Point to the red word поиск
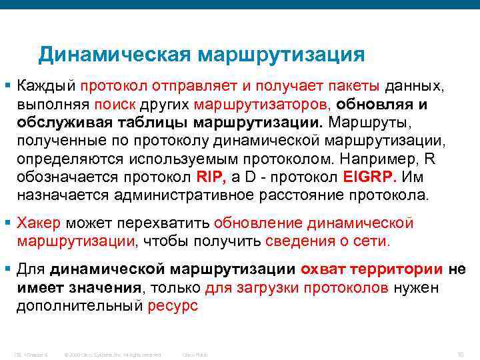tap(115, 104)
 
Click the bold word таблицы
tap(153, 123)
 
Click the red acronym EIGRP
tap(369, 177)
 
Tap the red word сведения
tap(296, 240)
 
